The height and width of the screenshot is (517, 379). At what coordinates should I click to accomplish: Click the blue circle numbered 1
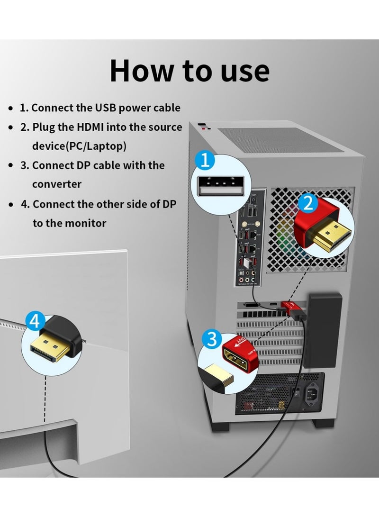pos(205,161)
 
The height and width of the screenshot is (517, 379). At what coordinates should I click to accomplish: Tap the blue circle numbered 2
pos(308,204)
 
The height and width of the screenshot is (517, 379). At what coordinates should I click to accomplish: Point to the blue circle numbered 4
pos(35,321)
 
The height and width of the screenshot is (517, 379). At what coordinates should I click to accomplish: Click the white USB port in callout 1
pos(221,186)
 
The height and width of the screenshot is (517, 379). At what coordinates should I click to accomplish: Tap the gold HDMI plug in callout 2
pos(332,235)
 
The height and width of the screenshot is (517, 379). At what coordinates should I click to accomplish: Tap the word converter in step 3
pos(57,184)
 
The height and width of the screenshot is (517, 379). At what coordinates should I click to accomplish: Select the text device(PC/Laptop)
pos(80,146)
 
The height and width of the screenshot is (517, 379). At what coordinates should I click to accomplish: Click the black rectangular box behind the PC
pos(323,330)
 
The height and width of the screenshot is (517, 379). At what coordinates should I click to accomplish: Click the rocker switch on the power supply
pos(296,392)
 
